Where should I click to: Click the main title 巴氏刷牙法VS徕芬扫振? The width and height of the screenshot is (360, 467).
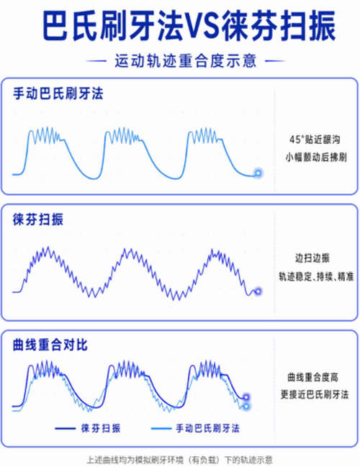189,26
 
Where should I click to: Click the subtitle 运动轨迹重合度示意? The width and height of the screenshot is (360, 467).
186,61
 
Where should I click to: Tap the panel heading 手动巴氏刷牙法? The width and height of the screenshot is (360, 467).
58,94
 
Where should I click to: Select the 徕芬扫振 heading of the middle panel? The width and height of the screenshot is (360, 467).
38,219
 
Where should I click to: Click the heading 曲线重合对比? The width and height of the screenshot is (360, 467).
50,345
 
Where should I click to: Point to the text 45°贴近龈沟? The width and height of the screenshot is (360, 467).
315,140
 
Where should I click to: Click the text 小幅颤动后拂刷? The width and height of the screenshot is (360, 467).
316,157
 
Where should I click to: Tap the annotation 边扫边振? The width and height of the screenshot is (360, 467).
312,258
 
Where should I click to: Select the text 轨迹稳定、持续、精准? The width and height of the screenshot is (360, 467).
316,277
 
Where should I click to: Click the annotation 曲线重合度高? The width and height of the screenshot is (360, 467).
313,377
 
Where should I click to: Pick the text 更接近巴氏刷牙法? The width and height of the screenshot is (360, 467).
315,394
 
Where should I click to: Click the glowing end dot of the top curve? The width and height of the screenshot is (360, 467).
258,173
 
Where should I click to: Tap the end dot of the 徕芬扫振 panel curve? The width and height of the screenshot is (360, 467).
258,291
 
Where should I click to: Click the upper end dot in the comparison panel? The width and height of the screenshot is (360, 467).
246,397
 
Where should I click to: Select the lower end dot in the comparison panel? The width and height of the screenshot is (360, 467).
246,407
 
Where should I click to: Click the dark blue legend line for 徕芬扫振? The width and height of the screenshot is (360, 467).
65,429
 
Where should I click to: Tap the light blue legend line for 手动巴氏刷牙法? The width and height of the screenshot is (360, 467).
161,429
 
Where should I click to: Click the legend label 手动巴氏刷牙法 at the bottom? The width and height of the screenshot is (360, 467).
207,429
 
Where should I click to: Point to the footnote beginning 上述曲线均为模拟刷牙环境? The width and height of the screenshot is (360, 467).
179,460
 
